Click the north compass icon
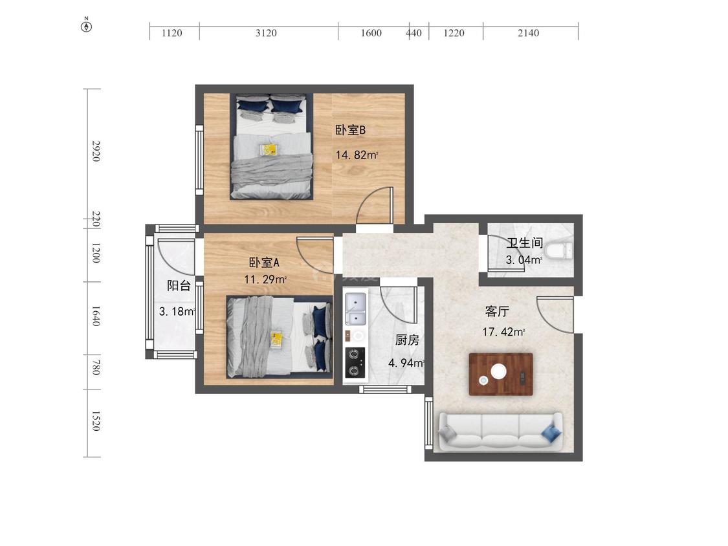pos(86,25)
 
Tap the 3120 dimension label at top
pos(266,33)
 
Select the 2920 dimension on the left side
pos(96,151)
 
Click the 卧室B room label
pos(351,130)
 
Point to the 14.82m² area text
pos(357,155)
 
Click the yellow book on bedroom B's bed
pos(269,149)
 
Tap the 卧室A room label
pos(264,262)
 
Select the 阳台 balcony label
pos(179,285)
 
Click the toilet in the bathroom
pos(560,252)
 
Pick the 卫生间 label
pos(525,243)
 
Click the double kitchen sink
pos(356,309)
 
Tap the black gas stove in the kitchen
pos(355,363)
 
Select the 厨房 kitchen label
pos(407,340)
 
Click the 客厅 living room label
pos(497,311)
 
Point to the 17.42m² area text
pos(503,332)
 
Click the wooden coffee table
pos(500,374)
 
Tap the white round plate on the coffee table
pos(499,371)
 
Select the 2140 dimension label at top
pos(528,33)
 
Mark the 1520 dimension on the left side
pos(96,420)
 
